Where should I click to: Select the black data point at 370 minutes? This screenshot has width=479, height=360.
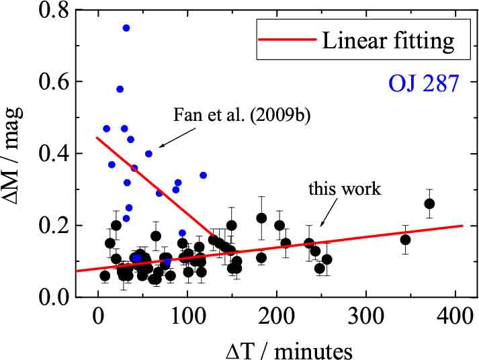[x=430, y=204]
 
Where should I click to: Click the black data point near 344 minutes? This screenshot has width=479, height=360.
[x=405, y=240]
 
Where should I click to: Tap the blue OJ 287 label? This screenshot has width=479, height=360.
[x=423, y=85]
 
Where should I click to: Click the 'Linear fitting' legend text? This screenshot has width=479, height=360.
[x=388, y=42]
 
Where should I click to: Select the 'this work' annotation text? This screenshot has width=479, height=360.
[x=345, y=189]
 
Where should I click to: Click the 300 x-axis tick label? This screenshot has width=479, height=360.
[x=366, y=313]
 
